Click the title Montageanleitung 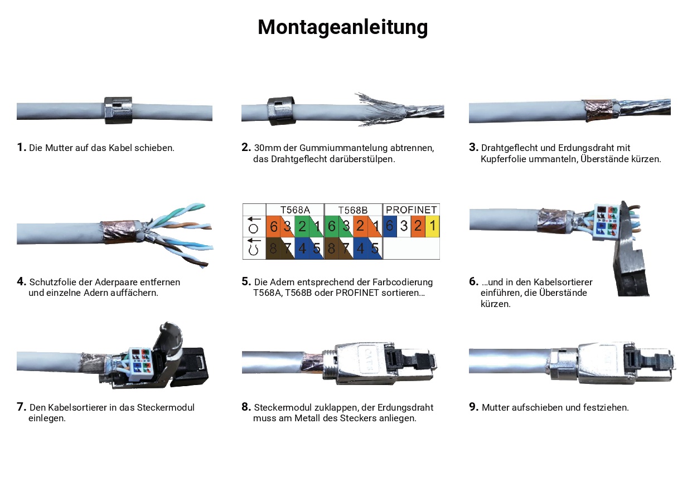click(342, 27)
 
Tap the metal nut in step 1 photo click(118, 110)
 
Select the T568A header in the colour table click(294, 210)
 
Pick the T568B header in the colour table click(353, 210)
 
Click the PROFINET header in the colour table click(411, 210)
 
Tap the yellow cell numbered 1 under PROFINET click(432, 227)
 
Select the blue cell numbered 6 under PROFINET click(390, 227)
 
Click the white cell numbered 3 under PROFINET click(404, 227)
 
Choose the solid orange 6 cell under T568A click(273, 227)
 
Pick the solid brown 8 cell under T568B click(331, 249)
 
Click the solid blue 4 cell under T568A click(302, 249)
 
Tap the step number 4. click(21, 281)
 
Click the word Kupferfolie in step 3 click(503, 159)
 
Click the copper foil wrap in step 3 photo click(598, 111)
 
